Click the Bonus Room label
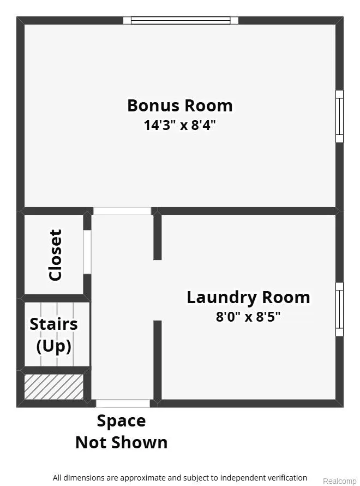tap(180, 105)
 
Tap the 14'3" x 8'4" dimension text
tap(179, 125)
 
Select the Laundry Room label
tap(248, 298)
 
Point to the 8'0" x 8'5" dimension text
tap(248, 317)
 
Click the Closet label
tap(56, 255)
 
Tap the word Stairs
tap(53, 324)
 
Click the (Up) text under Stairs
tap(54, 346)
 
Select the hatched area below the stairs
tap(54, 387)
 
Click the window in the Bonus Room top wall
tap(181, 20)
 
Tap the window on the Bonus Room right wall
tap(340, 116)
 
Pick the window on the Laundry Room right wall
tap(340, 309)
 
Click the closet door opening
tap(87, 252)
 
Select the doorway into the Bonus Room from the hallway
tap(122, 211)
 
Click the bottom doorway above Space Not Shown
tap(123, 403)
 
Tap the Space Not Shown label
tap(121, 431)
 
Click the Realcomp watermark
tap(340, 481)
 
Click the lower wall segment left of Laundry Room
tap(158, 361)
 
